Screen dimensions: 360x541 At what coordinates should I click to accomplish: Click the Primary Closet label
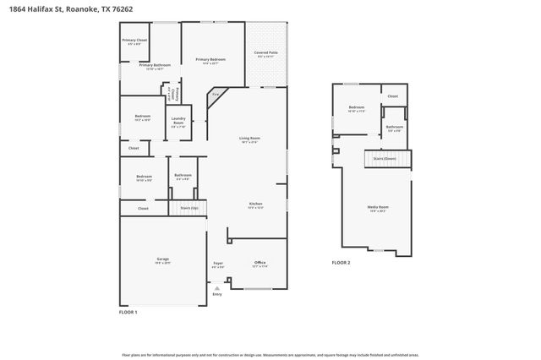point(134,41)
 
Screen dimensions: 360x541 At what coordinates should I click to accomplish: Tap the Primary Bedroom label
point(210,59)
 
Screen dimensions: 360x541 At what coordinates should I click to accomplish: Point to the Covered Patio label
point(267,54)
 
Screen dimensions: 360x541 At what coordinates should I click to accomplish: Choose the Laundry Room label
point(178,121)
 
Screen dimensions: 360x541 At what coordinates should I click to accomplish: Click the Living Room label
point(249,139)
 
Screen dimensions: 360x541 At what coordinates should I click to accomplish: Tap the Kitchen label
point(255,204)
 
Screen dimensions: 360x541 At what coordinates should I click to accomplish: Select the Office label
point(260,263)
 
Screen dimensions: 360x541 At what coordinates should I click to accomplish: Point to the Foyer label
point(217,263)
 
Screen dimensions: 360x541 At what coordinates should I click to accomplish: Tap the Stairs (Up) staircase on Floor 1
point(189,207)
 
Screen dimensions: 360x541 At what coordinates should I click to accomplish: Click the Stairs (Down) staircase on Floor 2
point(385,159)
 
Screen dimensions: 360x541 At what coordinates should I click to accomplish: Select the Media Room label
point(377,207)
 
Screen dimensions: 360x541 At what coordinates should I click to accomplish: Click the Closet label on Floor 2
point(392,96)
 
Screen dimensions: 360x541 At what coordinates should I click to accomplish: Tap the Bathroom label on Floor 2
point(394,128)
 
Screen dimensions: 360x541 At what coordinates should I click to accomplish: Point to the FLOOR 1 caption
point(128,313)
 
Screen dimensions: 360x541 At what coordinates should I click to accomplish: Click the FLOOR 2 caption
point(340,263)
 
